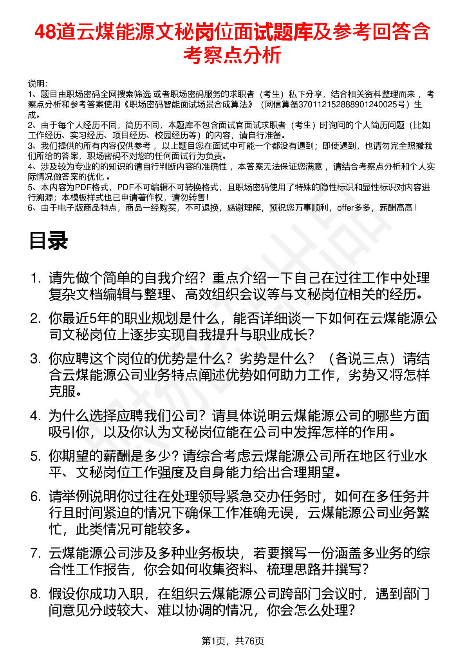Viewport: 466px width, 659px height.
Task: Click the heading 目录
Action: tap(48, 241)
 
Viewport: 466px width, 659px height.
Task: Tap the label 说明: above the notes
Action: tap(38, 84)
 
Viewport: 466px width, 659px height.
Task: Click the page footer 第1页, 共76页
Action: tap(233, 641)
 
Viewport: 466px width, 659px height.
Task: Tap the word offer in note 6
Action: tap(345, 208)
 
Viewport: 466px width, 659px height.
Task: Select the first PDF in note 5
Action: tap(83, 187)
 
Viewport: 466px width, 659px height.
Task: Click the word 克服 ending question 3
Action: tap(62, 391)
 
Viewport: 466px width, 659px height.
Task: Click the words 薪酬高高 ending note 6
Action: tap(395, 208)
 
